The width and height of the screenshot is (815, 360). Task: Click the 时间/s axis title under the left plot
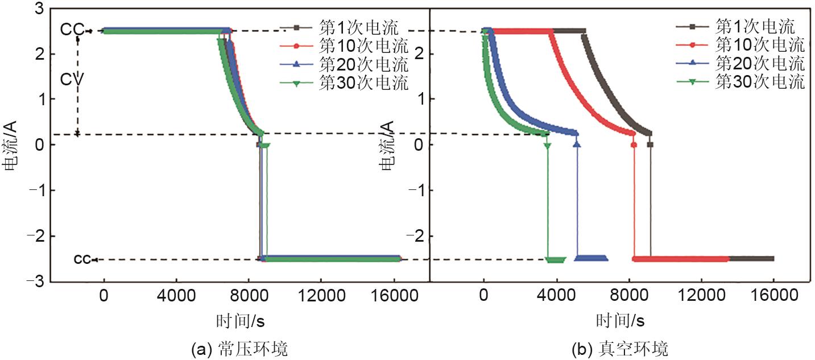coord(240,321)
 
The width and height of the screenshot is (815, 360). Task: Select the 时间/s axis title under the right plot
coord(620,321)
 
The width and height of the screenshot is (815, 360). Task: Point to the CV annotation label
coord(73,79)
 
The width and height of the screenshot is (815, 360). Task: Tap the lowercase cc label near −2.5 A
coord(82,260)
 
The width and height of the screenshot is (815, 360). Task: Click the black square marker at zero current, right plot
coord(650,144)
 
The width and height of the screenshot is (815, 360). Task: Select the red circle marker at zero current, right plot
coord(634,144)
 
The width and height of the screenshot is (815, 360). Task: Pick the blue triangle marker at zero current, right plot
coord(577,144)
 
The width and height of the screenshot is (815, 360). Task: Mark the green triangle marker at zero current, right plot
coord(547,146)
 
